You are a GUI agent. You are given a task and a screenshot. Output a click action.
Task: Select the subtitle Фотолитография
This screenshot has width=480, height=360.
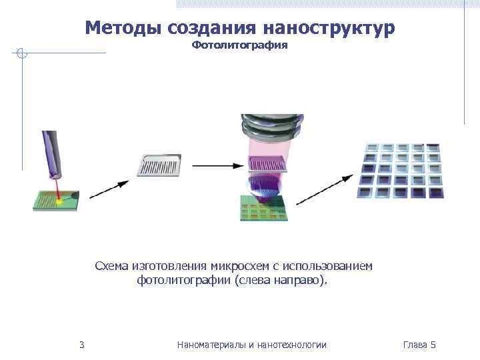(x=239, y=45)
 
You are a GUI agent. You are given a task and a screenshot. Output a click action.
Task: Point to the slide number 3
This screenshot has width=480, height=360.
(x=81, y=345)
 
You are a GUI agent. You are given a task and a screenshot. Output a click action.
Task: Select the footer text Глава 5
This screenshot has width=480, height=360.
(x=419, y=345)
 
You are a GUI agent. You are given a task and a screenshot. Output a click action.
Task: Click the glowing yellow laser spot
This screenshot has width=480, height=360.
(x=59, y=198)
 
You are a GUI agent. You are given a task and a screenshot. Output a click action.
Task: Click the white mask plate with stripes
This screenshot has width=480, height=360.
(x=159, y=165)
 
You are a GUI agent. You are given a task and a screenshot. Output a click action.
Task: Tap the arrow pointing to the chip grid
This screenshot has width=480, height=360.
(x=324, y=189)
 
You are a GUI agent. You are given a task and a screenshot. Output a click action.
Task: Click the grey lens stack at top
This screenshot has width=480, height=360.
(x=272, y=127)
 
